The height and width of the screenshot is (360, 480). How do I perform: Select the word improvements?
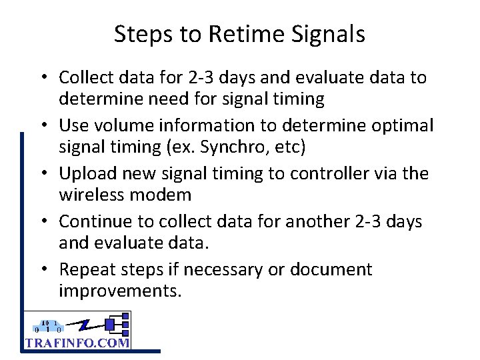click(x=120, y=291)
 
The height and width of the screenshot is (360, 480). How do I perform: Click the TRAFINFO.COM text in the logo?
click(x=77, y=343)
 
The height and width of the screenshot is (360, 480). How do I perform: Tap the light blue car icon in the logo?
click(x=49, y=327)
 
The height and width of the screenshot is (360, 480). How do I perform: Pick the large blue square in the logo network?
click(x=111, y=325)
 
